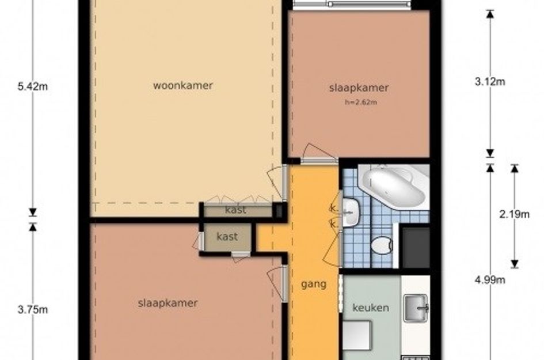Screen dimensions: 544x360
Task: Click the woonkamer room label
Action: click(x=183, y=85)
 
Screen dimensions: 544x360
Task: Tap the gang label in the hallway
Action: click(x=314, y=285)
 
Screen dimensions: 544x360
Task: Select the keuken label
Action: click(x=371, y=308)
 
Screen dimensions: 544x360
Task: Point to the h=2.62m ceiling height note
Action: click(x=361, y=103)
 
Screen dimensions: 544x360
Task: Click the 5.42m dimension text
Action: click(x=33, y=86)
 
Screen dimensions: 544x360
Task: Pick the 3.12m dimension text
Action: click(x=489, y=82)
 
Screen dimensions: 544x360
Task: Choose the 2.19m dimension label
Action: click(x=514, y=214)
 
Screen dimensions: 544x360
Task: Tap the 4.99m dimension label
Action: click(x=489, y=279)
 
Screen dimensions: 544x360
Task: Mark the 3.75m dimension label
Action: click(x=33, y=309)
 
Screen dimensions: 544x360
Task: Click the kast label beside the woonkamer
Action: click(x=235, y=210)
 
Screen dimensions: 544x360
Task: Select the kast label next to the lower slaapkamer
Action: click(x=227, y=237)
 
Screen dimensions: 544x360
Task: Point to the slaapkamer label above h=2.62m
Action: click(x=359, y=88)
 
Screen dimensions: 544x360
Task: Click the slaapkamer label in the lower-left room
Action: click(x=168, y=303)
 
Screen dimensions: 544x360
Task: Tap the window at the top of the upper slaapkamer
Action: click(x=352, y=4)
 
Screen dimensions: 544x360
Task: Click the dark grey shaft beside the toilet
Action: click(x=416, y=248)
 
